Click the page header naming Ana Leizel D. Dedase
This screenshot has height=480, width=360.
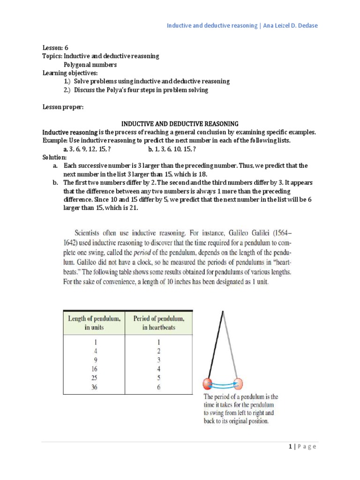click(242, 25)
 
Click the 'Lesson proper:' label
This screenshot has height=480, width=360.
click(63, 107)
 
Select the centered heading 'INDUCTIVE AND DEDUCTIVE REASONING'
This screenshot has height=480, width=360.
click(180, 124)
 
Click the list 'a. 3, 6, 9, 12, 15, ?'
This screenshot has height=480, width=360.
click(87, 149)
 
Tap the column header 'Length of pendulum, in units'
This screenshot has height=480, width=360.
click(94, 322)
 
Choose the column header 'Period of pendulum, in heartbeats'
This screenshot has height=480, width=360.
click(158, 322)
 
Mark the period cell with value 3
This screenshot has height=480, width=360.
click(158, 360)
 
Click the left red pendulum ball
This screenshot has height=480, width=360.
click(208, 383)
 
